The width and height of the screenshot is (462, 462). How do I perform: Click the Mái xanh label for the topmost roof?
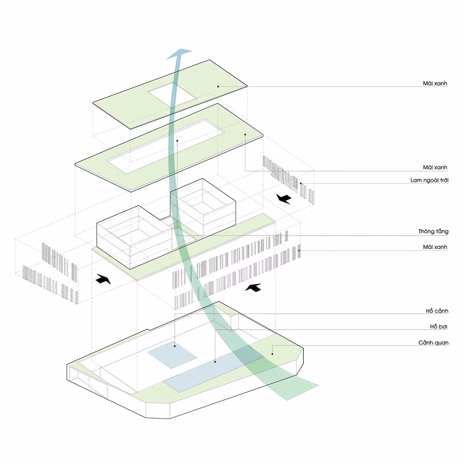435,83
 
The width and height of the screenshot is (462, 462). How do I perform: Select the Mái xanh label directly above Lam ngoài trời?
435,167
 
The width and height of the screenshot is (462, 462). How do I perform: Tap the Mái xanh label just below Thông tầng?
435,247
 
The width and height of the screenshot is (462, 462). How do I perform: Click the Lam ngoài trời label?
429,180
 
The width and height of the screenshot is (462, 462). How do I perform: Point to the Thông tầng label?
433,232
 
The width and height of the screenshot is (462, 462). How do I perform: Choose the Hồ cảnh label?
437,311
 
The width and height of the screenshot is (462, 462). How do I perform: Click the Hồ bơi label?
439,326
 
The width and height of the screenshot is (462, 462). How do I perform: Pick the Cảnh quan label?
433,342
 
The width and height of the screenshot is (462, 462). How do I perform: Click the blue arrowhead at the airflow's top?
180,53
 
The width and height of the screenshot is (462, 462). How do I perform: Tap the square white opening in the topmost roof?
171,93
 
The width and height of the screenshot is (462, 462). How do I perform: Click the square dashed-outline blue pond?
172,355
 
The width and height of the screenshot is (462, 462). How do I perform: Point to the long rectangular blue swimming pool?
214,370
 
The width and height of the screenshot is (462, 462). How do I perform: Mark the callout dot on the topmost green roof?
218,86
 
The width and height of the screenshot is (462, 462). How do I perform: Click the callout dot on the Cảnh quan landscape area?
272,354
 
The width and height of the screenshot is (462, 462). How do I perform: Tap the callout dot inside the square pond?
175,346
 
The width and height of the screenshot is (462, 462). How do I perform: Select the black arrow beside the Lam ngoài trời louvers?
284,199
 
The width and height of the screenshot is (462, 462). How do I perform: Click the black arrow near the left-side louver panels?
103,279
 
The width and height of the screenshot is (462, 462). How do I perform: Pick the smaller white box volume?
203,208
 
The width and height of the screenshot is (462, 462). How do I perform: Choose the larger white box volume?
134,237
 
